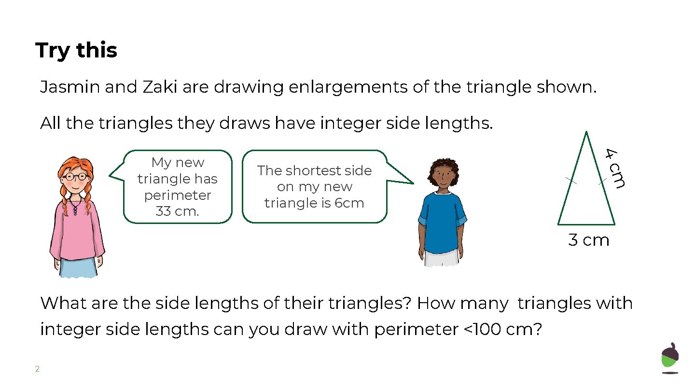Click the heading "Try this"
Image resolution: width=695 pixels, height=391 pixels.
76,50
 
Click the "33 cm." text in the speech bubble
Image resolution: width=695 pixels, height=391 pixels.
177,211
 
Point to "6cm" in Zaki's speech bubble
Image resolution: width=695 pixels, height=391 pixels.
349,203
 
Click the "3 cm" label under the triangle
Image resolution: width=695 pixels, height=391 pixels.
589,240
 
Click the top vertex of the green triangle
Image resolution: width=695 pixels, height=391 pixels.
586,132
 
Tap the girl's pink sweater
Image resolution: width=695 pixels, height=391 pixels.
77,227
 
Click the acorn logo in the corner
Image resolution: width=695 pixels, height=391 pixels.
670,358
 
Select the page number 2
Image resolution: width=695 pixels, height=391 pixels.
37,369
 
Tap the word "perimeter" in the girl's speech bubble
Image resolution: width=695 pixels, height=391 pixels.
177,195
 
